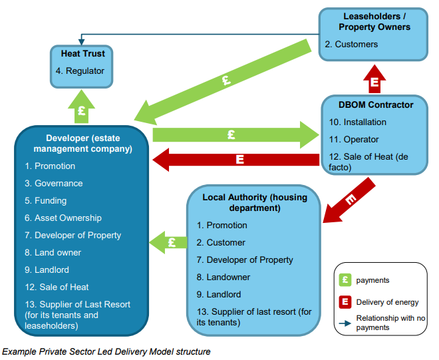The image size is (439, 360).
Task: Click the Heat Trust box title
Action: tap(83, 53)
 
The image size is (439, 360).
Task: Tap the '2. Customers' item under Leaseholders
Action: tap(351, 45)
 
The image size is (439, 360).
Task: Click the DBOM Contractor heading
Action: tap(376, 104)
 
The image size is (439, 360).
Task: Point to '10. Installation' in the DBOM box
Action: tap(356, 122)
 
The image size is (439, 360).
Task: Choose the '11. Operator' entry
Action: tap(353, 140)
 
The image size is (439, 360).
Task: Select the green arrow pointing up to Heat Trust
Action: tap(81, 108)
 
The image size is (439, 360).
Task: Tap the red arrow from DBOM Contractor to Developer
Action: tap(236, 160)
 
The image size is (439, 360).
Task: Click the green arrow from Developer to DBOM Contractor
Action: tap(233, 134)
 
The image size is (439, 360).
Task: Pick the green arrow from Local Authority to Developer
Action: tap(168, 242)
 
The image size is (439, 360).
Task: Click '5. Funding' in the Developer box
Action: tap(46, 200)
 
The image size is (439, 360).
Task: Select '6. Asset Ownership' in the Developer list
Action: tap(63, 218)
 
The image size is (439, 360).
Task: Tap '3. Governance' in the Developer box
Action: tap(54, 183)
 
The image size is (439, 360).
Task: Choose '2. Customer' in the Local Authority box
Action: tap(226, 242)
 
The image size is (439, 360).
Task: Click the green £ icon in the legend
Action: tap(346, 280)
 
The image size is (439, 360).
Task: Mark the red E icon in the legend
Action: tap(346, 302)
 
